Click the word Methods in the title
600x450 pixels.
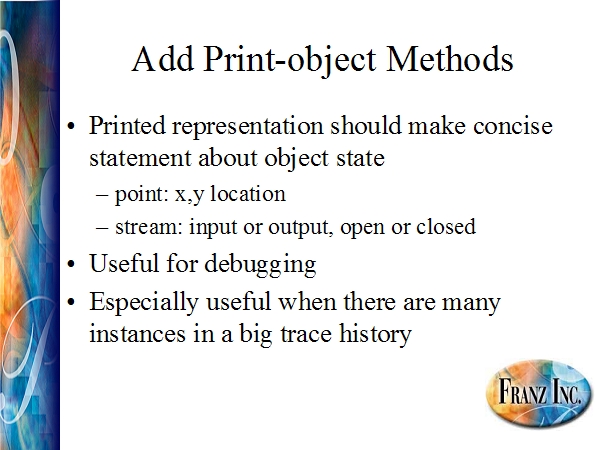pyautogui.click(x=450, y=59)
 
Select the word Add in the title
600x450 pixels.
pyautogui.click(x=163, y=59)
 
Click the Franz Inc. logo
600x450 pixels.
pyautogui.click(x=538, y=391)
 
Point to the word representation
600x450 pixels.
pyautogui.click(x=248, y=126)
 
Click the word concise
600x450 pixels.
pyautogui.click(x=513, y=126)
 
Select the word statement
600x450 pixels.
pyautogui.click(x=140, y=158)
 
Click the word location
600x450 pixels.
pyautogui.click(x=248, y=193)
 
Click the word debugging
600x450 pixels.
pyautogui.click(x=260, y=265)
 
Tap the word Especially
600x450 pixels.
pyautogui.click(x=144, y=303)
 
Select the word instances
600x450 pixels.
pyautogui.click(x=137, y=334)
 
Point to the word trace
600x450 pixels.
pyautogui.click(x=306, y=334)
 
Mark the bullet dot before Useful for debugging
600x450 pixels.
pyautogui.click(x=71, y=265)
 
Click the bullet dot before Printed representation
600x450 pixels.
pyautogui.click(x=71, y=126)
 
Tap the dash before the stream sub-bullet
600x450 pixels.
pyautogui.click(x=102, y=227)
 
